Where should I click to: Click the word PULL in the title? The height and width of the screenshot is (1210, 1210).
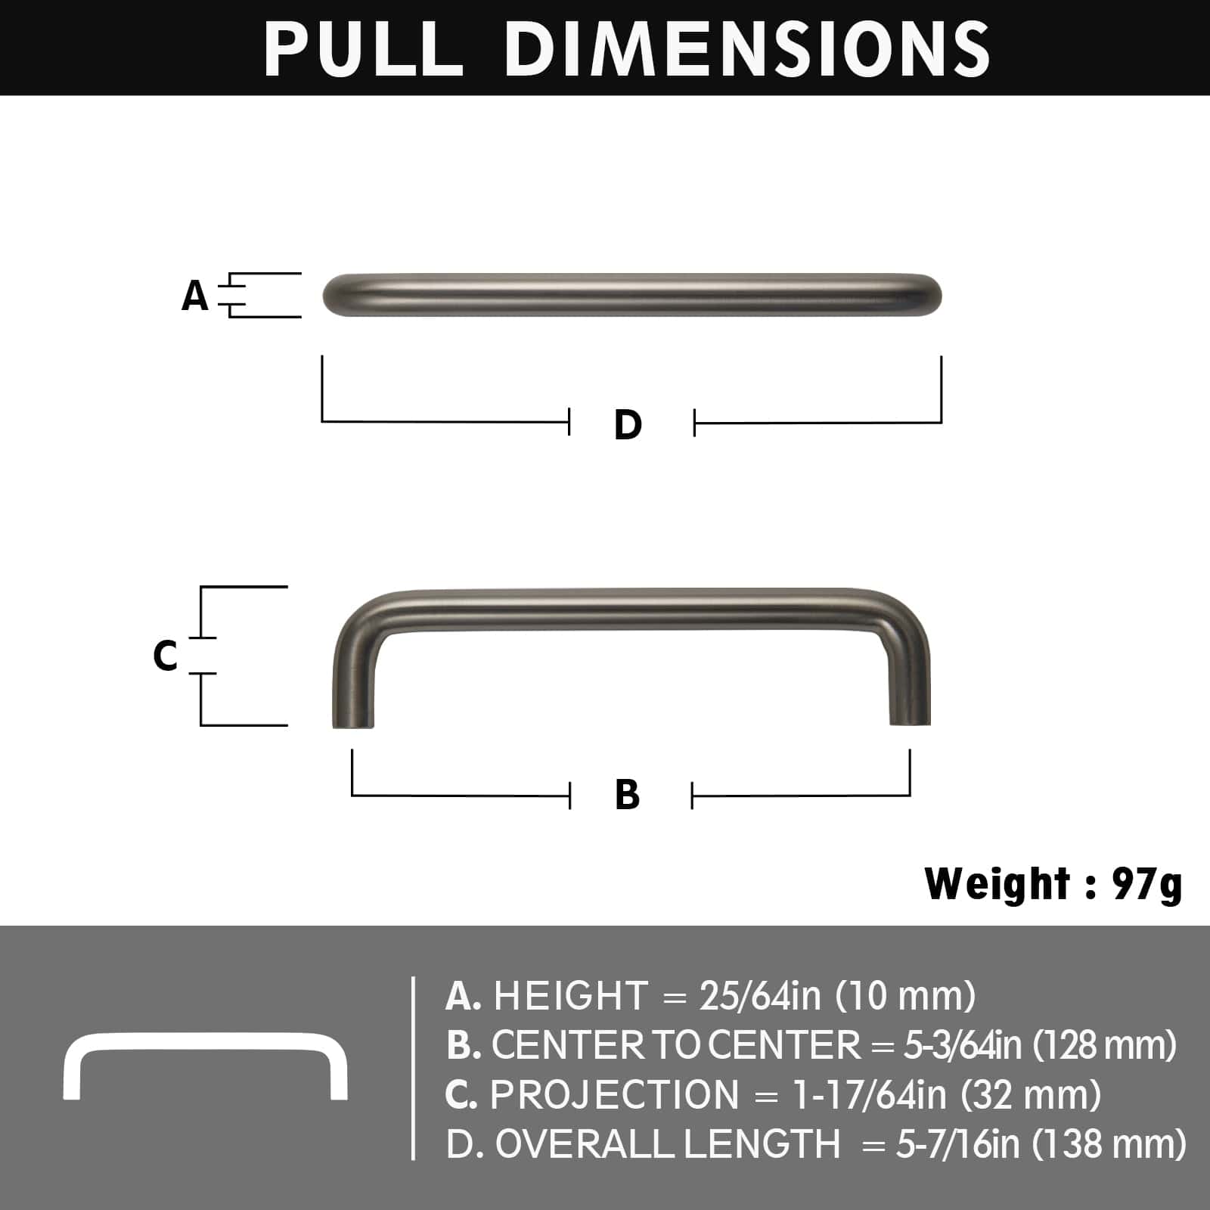point(363,48)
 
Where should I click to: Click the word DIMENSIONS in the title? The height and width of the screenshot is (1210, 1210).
point(747,48)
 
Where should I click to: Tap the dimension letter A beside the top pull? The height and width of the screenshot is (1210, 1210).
point(194,296)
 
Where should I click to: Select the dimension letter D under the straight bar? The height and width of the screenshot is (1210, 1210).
point(628,425)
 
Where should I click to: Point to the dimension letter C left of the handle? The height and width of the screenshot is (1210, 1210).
point(166,656)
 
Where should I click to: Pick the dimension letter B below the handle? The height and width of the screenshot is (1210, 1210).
point(628,795)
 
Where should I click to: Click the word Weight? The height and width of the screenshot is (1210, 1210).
point(997,883)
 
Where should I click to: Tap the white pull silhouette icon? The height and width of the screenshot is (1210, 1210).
point(205,1066)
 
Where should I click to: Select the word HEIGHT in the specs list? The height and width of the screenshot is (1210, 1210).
point(571,996)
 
